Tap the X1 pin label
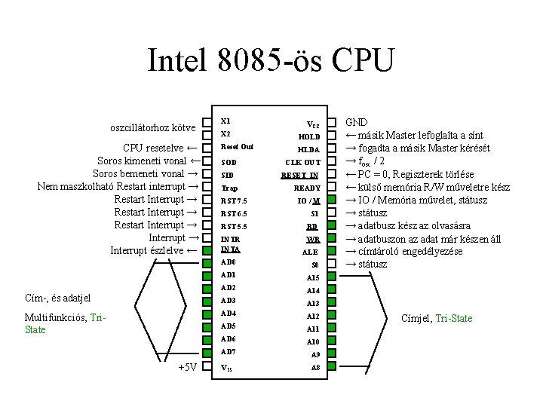(225, 121)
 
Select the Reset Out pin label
(236, 146)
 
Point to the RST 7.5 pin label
(233, 200)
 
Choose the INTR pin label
(229, 239)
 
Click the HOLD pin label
(308, 137)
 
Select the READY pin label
(307, 188)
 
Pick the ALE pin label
(310, 252)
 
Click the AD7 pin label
(228, 352)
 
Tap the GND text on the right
(357, 122)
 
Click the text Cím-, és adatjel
(57, 298)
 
